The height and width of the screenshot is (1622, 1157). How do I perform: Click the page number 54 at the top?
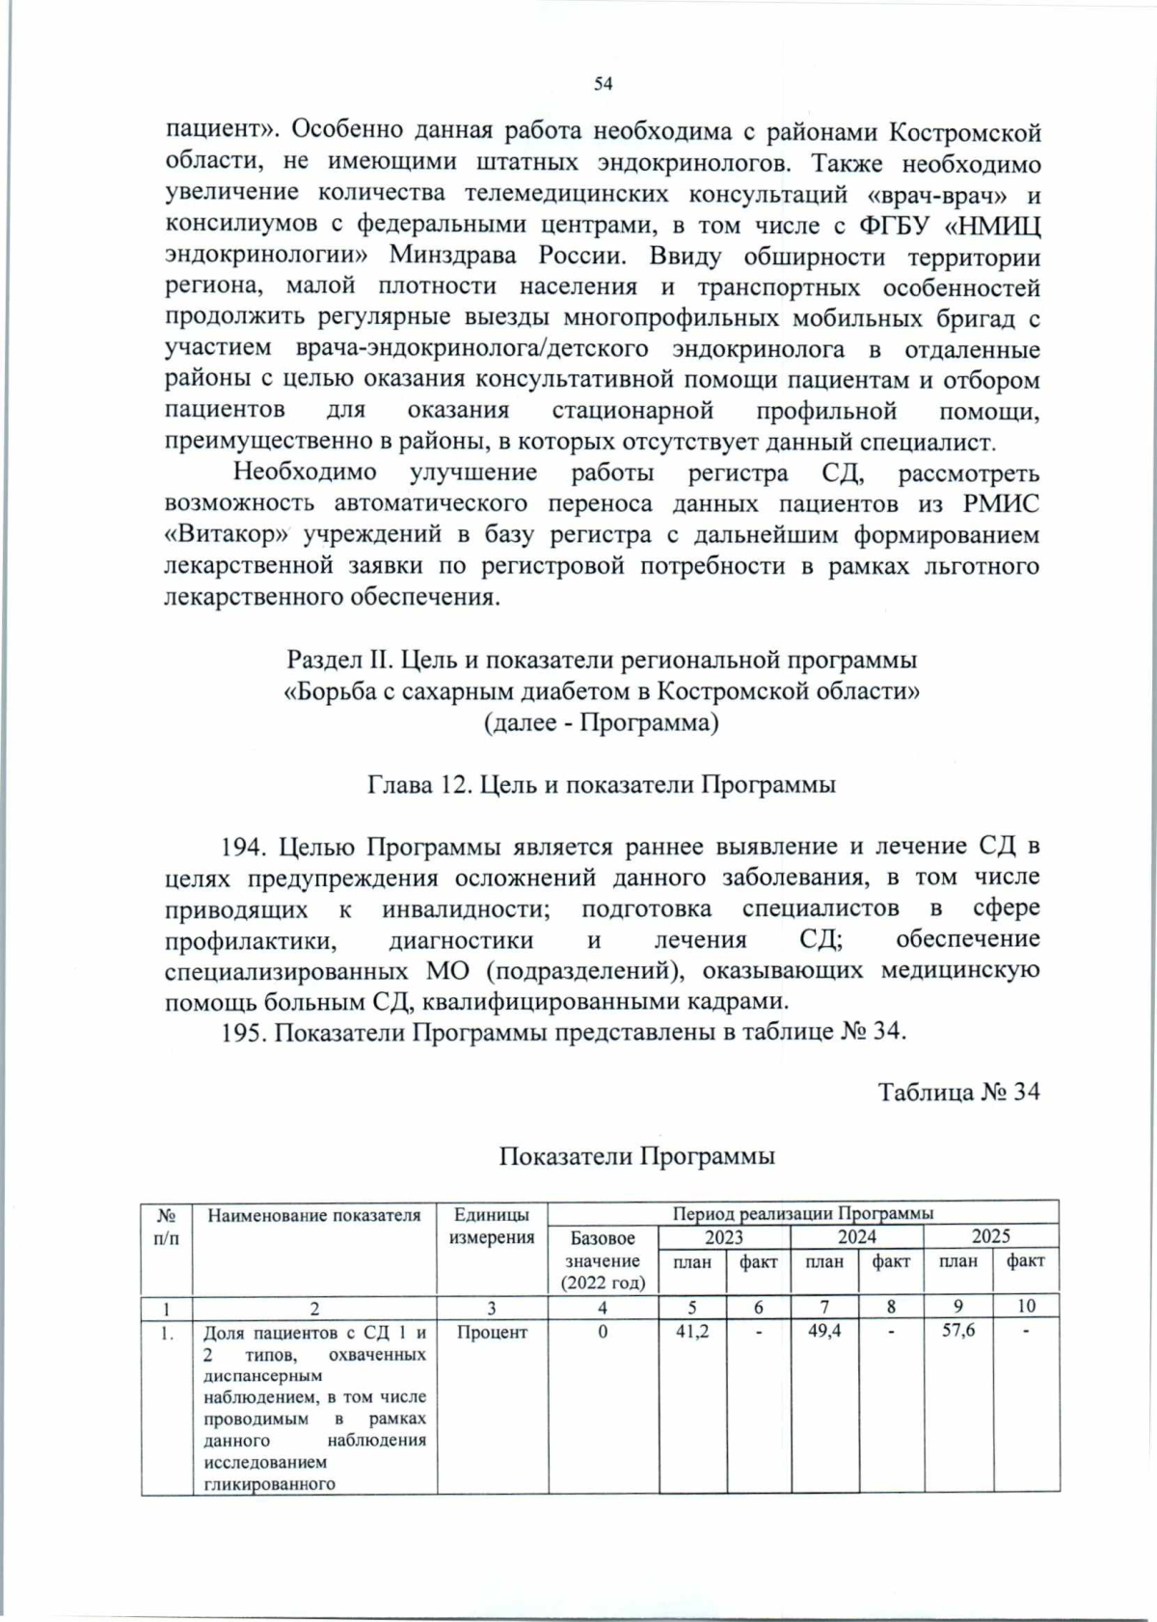[x=603, y=84]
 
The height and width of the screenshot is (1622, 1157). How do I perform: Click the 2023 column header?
[x=723, y=1236]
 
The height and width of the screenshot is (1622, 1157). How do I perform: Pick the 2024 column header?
[x=856, y=1236]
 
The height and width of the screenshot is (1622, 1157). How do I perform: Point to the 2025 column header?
[x=990, y=1236]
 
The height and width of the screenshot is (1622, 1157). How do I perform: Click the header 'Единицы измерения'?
[x=492, y=1226]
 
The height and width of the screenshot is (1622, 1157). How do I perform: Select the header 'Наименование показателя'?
[x=314, y=1215]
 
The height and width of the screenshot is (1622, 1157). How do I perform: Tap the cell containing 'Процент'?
[x=492, y=1332]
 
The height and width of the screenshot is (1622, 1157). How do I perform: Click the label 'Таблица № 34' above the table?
[x=958, y=1093]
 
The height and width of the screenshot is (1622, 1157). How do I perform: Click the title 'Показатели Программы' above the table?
[x=636, y=1155]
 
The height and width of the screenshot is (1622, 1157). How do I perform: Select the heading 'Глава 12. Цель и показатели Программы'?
[x=602, y=784]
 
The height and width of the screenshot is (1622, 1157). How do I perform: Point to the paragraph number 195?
[x=242, y=1032]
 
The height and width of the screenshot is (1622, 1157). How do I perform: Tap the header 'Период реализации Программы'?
[x=802, y=1212]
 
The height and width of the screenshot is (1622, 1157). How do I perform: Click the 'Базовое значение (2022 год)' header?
[x=603, y=1259]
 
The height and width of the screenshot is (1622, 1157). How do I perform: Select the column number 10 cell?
[x=1026, y=1306]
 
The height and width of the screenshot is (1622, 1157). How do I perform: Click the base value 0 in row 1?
[x=603, y=1332]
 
